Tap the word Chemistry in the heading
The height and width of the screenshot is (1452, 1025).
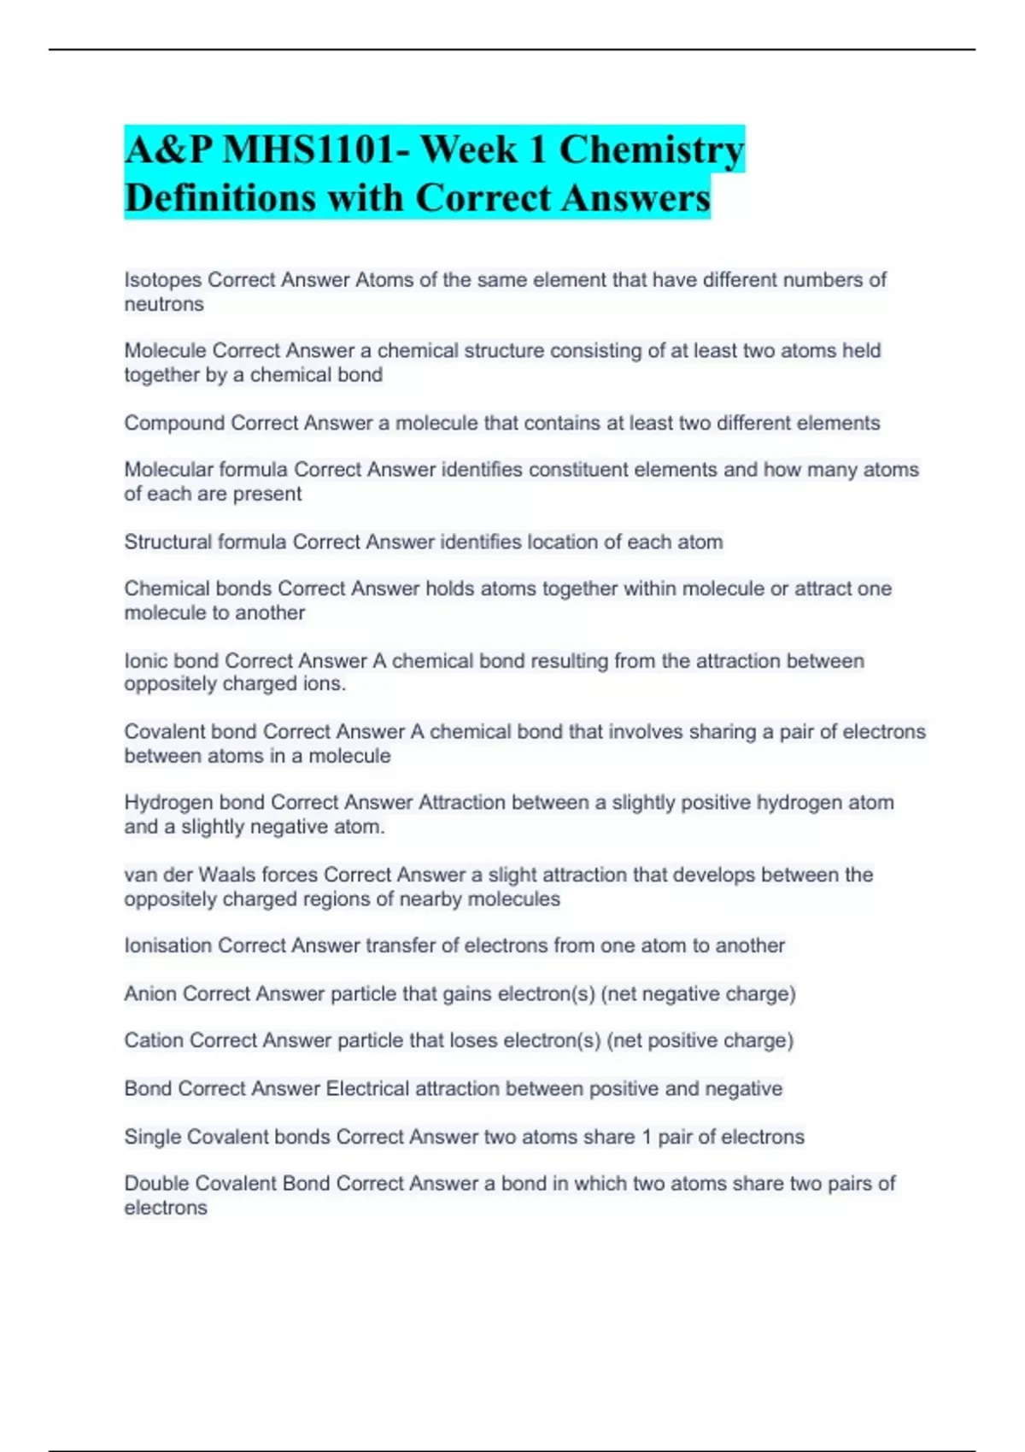(651, 150)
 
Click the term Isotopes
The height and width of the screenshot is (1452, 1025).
(163, 280)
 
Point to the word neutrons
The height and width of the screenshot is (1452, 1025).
(164, 304)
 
